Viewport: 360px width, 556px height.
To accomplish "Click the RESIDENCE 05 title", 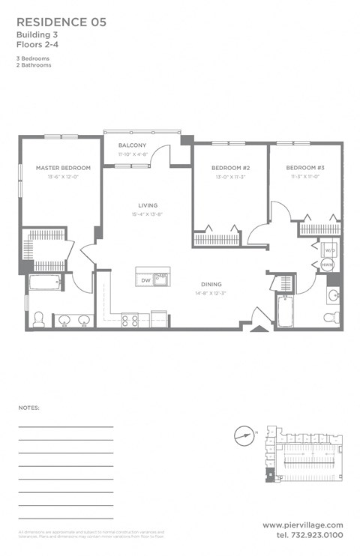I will [x=61, y=22].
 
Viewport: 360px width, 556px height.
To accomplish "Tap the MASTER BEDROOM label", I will [x=63, y=168].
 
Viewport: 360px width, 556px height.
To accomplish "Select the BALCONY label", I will [x=131, y=145].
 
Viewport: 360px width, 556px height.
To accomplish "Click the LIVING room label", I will [x=146, y=205].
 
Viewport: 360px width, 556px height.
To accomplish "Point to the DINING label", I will [x=211, y=284].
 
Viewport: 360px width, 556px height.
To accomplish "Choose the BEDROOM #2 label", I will [x=229, y=168].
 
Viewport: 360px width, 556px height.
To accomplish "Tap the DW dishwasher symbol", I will [x=145, y=280].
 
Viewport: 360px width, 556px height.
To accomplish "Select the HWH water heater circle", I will [x=328, y=265].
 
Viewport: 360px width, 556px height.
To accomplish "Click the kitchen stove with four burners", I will [x=130, y=320].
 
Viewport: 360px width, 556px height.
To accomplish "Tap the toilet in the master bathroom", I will [x=39, y=320].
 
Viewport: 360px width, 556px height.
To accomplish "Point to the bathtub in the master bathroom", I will [x=47, y=283].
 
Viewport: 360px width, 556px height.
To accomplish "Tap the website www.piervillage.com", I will [x=303, y=525].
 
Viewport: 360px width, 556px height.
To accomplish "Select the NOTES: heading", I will [x=28, y=408].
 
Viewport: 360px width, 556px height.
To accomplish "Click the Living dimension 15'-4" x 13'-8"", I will [x=146, y=214].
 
